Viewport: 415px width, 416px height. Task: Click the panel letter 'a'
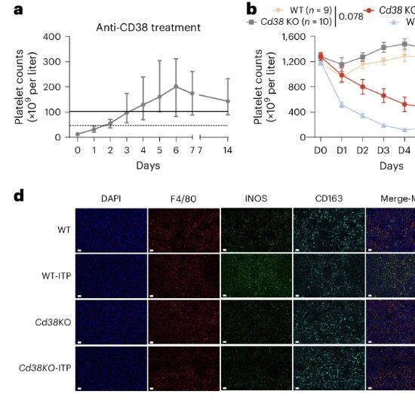18,10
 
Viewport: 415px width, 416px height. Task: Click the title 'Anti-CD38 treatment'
148,28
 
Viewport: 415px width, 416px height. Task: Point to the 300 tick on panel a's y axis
52,62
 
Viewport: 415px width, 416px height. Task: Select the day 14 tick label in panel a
228,150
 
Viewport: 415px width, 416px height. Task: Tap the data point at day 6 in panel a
176,86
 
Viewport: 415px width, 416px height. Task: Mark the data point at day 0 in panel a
78,134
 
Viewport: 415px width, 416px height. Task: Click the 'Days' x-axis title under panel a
148,166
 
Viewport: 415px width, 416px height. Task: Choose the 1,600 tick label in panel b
294,37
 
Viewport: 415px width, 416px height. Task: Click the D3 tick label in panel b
383,151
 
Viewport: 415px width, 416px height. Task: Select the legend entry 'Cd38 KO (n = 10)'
290,22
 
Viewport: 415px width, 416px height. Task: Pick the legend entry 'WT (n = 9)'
303,11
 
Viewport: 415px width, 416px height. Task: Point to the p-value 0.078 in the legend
351,17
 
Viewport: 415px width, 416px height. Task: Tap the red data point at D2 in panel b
362,87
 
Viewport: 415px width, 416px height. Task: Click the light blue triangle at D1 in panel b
342,106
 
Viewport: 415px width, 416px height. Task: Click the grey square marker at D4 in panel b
404,45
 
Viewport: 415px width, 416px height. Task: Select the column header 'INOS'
256,199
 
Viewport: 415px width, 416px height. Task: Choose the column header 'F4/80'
183,199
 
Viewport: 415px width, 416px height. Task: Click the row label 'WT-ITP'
57,276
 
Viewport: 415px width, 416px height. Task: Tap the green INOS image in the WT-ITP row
256,276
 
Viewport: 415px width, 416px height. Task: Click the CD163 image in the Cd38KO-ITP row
329,368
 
